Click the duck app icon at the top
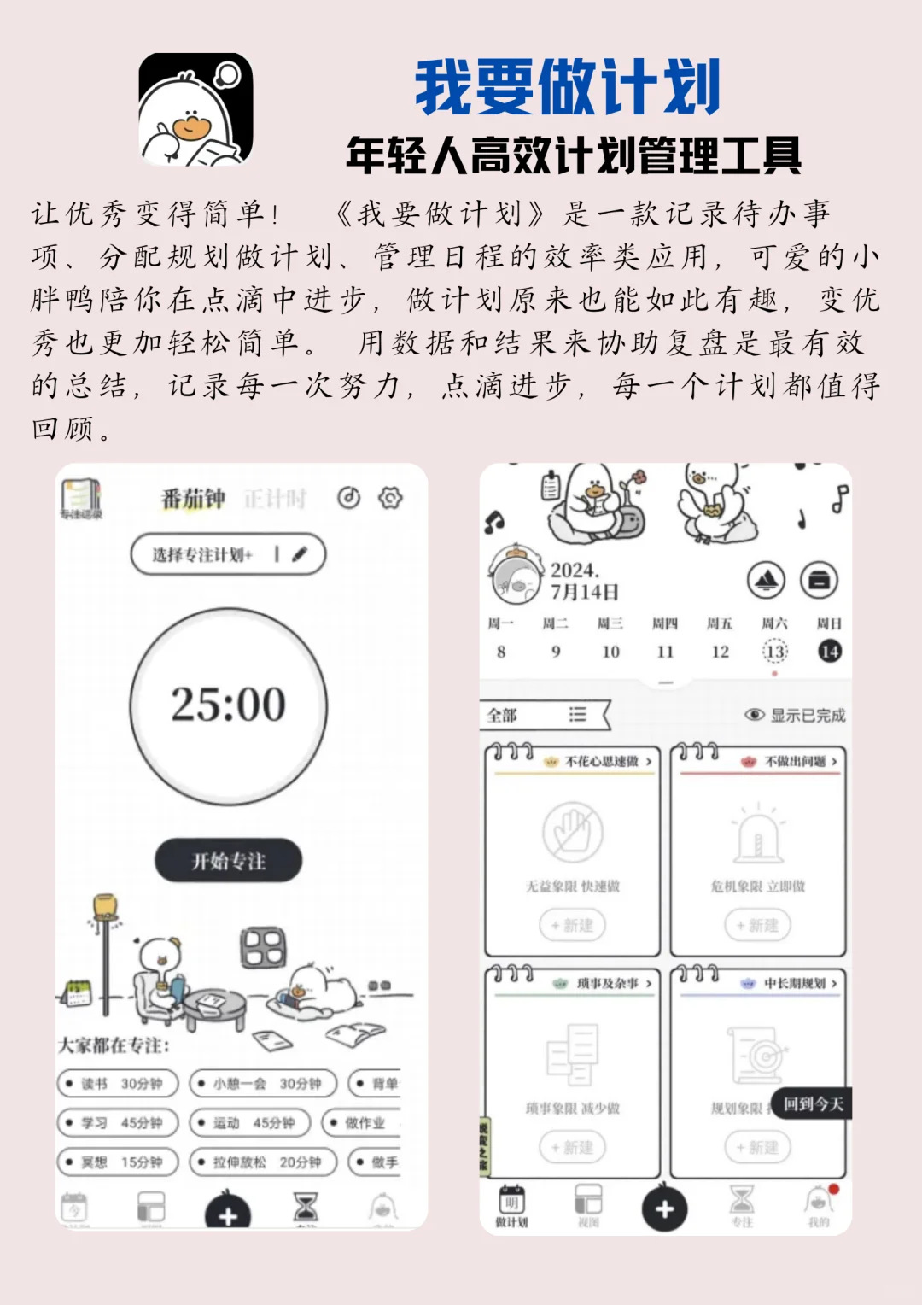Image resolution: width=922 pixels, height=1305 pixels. [x=195, y=109]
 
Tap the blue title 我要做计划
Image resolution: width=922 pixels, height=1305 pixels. [x=568, y=87]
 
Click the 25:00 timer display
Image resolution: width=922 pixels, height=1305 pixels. [x=228, y=705]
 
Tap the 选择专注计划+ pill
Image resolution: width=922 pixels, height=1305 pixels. [x=227, y=554]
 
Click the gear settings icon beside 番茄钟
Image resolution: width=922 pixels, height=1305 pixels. [x=390, y=498]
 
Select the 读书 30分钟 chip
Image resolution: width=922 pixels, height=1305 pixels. [x=118, y=1083]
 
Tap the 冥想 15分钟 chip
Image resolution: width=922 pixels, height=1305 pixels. [x=118, y=1162]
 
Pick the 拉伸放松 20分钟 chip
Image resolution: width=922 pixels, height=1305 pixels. [x=264, y=1162]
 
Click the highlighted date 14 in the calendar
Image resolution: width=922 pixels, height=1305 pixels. [x=829, y=652]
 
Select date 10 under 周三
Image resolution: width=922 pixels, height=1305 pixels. [x=610, y=652]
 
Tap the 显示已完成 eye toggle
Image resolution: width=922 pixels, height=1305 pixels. [x=795, y=715]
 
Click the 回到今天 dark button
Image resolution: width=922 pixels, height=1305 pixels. [x=812, y=1104]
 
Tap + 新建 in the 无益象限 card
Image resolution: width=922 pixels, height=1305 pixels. [x=572, y=925]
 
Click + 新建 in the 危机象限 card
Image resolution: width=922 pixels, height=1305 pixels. [x=757, y=925]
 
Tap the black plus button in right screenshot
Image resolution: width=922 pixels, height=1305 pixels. [x=664, y=1208]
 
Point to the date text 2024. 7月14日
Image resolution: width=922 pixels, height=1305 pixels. [x=585, y=581]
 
